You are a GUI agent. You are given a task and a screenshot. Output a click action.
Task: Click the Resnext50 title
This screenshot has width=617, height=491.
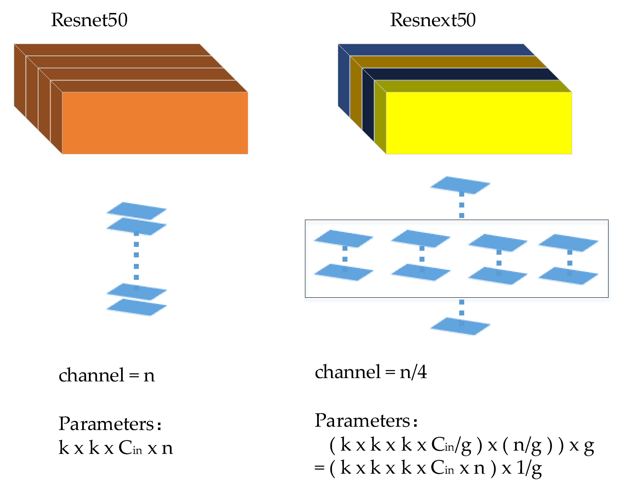coord(433,20)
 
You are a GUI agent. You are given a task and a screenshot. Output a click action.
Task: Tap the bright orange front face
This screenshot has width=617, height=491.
coord(154,123)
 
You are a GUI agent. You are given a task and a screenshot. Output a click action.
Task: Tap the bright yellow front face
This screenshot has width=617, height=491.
coord(478,123)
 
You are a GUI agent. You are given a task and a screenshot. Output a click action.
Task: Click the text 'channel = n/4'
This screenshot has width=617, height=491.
coord(371,372)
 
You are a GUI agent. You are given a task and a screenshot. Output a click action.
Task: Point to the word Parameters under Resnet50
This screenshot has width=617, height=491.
coord(106,423)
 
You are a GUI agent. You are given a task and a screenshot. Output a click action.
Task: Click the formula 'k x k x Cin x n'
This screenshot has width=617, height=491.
coord(116,448)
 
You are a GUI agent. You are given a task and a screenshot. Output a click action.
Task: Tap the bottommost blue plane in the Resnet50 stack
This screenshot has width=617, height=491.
coord(137,307)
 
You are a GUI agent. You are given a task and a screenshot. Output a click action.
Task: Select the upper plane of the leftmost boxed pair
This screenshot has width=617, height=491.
coord(344,238)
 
